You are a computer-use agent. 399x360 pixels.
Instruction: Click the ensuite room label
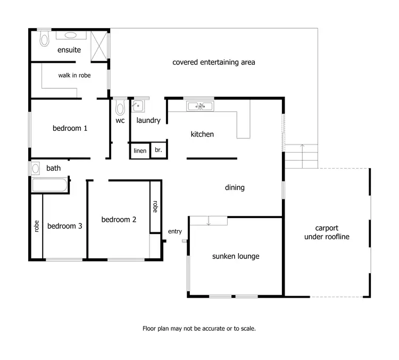(x=69, y=50)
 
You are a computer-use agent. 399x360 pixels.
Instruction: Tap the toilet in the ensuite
(x=44, y=38)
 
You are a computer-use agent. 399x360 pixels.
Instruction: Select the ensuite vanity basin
(x=70, y=36)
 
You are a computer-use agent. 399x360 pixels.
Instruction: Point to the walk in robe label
(x=74, y=76)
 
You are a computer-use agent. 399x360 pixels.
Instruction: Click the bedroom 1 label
(x=70, y=128)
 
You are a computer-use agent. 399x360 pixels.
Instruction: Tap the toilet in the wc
(x=120, y=108)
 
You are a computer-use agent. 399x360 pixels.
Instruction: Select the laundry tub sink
(x=138, y=106)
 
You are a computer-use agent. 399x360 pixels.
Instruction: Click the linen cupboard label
(x=140, y=151)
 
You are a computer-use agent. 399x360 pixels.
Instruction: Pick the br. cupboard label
(x=158, y=151)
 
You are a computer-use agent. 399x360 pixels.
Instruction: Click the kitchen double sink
(x=199, y=106)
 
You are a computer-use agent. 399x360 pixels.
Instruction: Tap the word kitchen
(x=202, y=135)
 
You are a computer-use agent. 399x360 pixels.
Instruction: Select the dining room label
(x=235, y=187)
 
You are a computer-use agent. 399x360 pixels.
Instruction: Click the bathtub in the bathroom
(x=49, y=186)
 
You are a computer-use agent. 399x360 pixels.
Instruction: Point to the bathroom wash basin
(x=35, y=169)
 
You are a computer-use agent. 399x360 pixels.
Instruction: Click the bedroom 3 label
(x=65, y=226)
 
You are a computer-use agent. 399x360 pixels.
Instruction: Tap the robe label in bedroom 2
(x=155, y=206)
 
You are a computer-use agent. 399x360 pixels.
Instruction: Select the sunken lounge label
(x=236, y=256)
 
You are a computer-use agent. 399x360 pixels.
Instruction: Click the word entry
(x=175, y=232)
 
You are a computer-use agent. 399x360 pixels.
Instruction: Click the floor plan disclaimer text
(x=199, y=329)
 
